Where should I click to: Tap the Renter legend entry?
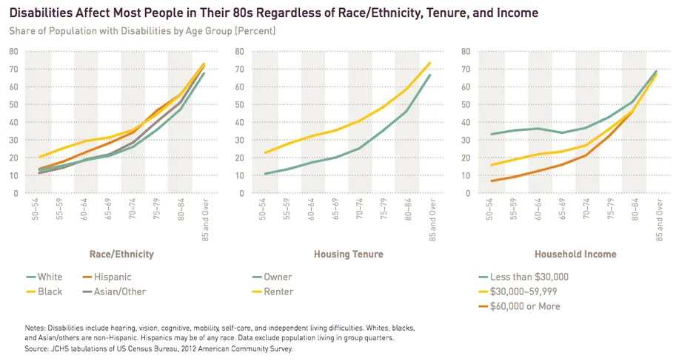pos(278,291)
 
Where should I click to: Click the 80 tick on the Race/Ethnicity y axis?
pos(14,51)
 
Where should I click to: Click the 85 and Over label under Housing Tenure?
pos(429,219)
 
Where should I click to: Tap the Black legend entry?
pos(50,291)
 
